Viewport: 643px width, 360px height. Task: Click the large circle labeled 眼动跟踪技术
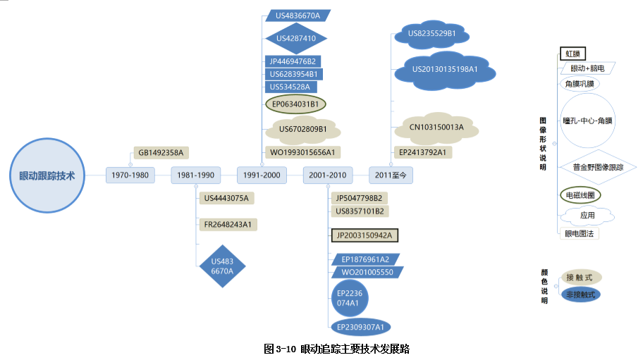[x=47, y=175]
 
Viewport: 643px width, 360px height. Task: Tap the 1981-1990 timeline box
[x=195, y=175]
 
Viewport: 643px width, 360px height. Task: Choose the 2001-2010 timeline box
[x=328, y=175]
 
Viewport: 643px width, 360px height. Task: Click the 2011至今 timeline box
[x=391, y=175]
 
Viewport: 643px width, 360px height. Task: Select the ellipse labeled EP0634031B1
[x=296, y=104]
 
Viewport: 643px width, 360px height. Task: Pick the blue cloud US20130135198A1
[x=445, y=69]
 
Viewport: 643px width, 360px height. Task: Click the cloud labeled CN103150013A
[x=436, y=127]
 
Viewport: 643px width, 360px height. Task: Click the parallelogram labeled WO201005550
[x=367, y=272]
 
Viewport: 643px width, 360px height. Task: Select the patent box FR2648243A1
[x=228, y=225]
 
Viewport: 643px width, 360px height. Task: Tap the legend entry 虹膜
[x=572, y=54]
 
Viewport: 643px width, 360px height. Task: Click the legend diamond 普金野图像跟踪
[x=598, y=167]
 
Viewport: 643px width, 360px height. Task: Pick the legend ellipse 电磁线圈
[x=581, y=194]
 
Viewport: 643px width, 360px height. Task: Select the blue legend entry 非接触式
[x=580, y=294]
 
